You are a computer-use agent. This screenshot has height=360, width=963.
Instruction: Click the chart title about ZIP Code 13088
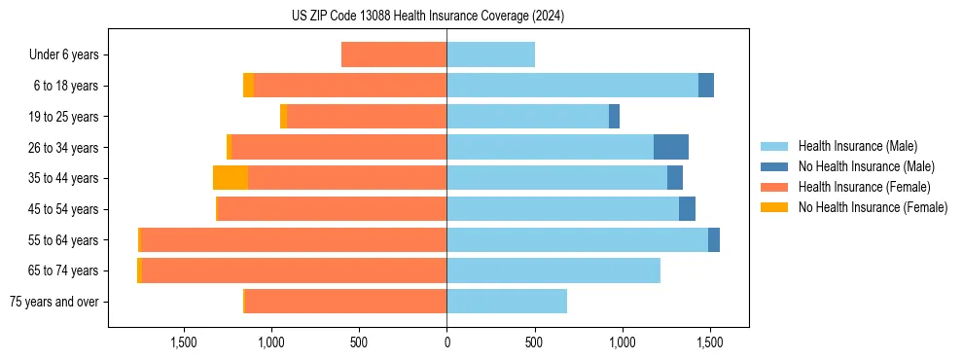pos(427,17)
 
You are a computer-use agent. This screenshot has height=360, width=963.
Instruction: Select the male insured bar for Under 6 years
pos(490,54)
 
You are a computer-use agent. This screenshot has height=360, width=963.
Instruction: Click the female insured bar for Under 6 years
pos(394,54)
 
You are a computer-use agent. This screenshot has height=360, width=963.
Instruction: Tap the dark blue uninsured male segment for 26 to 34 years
pos(670,147)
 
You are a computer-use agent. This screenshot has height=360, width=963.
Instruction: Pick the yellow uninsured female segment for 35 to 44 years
pos(231,178)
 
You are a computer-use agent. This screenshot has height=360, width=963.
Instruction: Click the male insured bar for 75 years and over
pos(507,302)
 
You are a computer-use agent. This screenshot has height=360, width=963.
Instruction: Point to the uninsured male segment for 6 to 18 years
pos(706,86)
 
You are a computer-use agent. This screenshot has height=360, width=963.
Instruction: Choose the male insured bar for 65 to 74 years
pos(553,270)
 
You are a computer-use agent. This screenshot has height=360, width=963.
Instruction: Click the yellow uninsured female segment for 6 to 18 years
pos(249,86)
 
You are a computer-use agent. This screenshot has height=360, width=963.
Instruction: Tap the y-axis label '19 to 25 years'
pos(64,117)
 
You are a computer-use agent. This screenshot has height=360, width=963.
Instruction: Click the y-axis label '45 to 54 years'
pos(64,209)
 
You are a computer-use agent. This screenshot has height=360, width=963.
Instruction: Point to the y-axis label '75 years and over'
pos(54,302)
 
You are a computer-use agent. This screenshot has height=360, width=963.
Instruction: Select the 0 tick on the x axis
pos(446,342)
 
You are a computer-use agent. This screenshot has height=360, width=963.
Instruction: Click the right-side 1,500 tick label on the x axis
pos(709,342)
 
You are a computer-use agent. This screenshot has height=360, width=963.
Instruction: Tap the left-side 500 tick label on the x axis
pos(359,342)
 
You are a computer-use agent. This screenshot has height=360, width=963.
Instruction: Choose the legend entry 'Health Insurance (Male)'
pos(857,146)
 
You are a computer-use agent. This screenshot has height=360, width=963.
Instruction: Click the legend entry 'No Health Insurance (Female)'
pos(873,207)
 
